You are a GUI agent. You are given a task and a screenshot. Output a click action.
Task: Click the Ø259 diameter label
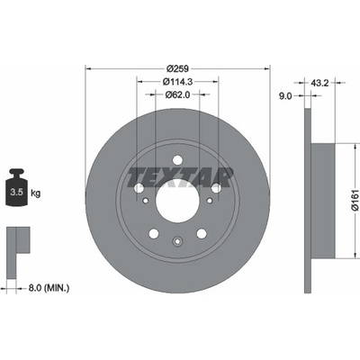(x=177, y=68)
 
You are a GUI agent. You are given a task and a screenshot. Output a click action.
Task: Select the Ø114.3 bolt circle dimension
(x=177, y=81)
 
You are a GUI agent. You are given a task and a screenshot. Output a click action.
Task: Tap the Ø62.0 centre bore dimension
(x=177, y=94)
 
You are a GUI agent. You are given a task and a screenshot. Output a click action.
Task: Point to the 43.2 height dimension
(x=319, y=83)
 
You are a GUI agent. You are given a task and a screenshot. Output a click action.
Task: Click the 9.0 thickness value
(x=285, y=96)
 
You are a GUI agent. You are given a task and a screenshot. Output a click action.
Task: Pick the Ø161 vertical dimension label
(x=355, y=200)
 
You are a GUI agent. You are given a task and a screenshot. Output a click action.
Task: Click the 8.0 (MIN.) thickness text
(x=49, y=288)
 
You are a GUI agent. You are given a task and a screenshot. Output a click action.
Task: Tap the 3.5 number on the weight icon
(x=16, y=193)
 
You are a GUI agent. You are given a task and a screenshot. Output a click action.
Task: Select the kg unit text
(x=35, y=193)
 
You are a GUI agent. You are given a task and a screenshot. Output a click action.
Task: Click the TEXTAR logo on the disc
(x=180, y=177)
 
